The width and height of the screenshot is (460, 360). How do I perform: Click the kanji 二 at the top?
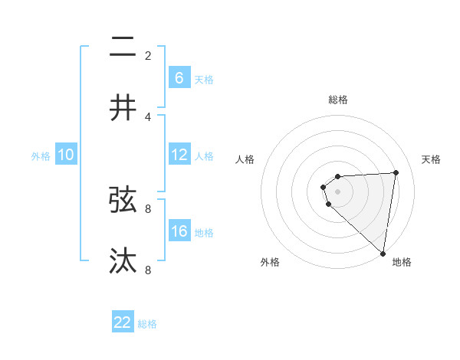pos(123,48)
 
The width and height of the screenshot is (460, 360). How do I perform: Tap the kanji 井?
pos(123,108)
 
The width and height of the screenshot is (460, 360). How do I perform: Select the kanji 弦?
pos(123,200)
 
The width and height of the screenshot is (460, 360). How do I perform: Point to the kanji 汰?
pos(123,261)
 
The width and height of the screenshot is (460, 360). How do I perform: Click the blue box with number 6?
pos(179,77)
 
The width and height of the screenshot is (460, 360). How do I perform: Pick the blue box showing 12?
pos(179,155)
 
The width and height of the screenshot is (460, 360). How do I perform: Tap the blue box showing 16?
pos(179,231)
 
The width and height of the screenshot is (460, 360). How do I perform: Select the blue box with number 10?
pos(66,155)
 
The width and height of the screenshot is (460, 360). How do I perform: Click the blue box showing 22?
pos(123,322)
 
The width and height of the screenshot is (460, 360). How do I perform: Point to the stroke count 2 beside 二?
pos(148,55)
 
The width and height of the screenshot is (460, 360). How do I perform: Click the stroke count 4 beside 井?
pos(148,116)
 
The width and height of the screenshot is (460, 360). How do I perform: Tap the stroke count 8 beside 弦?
pos(148,208)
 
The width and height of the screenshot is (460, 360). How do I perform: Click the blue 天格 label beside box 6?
pos(204,79)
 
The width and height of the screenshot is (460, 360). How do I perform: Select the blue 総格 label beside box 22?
pos(147,324)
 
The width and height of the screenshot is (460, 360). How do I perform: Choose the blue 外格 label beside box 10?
pos(41,156)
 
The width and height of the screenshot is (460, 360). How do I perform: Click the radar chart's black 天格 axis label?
pos(432,159)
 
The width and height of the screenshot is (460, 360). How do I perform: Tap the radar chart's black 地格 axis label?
pos(402,262)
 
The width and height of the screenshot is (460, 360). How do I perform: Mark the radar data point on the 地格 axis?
pos(383,254)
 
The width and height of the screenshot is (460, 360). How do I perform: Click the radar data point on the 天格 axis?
pos(396,172)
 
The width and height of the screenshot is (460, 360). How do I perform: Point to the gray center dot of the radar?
pos(338,191)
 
